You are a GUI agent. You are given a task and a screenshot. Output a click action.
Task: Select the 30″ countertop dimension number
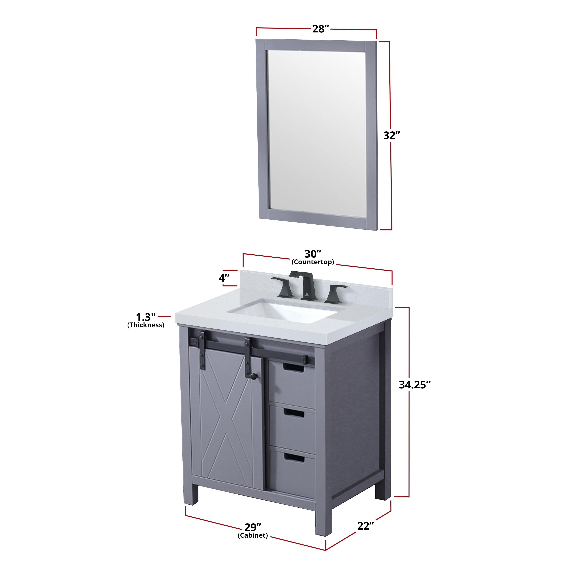(313, 254)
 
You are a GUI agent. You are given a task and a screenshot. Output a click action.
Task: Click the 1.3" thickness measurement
(145, 317)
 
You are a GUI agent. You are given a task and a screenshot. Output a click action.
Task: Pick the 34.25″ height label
(414, 384)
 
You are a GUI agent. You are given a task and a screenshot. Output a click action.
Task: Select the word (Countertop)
(313, 262)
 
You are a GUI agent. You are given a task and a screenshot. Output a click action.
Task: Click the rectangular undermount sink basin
(282, 312)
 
